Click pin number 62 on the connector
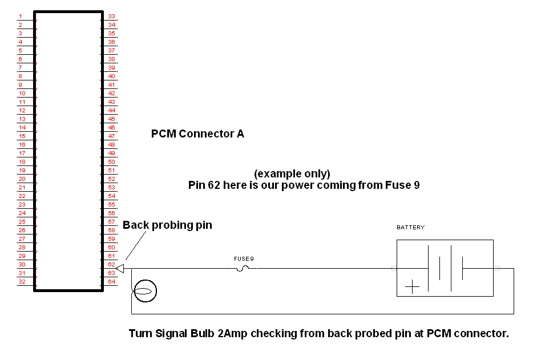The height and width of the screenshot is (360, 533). (111, 265)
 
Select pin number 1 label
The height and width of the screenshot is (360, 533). (21, 17)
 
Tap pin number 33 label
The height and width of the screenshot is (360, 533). (111, 17)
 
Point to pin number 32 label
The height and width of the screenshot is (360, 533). (22, 282)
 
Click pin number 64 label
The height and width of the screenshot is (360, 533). (111, 282)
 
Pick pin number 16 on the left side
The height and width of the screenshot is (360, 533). (22, 145)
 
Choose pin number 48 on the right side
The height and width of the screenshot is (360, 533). (111, 145)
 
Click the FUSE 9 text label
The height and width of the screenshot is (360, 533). (244, 259)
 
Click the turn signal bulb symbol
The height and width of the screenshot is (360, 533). (144, 292)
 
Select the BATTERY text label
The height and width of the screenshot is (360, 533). (410, 228)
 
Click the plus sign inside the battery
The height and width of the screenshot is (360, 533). (412, 286)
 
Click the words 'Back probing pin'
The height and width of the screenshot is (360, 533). (167, 225)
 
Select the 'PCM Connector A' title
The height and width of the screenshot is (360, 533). (197, 134)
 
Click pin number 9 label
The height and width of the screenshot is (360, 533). (21, 85)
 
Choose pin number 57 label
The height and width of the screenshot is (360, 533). (111, 222)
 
